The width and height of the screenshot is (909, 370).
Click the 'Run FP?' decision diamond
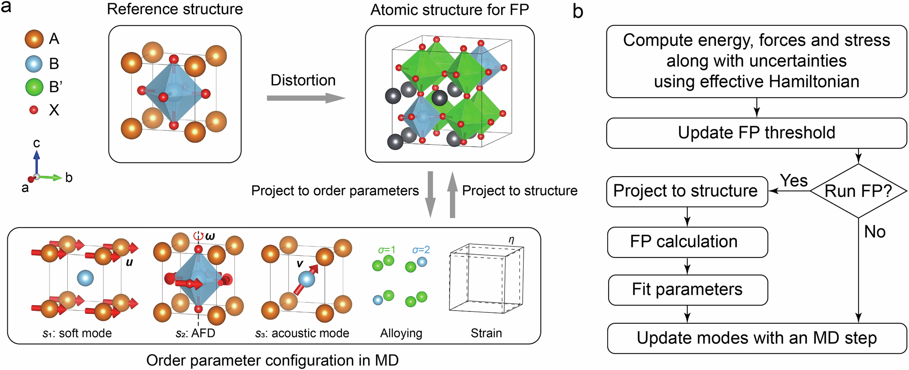[x=858, y=191]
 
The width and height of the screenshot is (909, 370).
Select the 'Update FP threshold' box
[x=756, y=133]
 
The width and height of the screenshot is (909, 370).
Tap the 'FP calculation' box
[x=687, y=242]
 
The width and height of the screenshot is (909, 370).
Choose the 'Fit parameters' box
[x=687, y=290]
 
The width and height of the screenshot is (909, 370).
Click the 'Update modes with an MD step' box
[x=756, y=338]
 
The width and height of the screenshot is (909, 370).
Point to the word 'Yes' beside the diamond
[x=794, y=180]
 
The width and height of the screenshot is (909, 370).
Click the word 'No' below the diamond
[x=874, y=232]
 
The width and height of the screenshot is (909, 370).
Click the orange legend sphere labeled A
[x=34, y=39]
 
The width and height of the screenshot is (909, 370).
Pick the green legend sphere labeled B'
[x=34, y=87]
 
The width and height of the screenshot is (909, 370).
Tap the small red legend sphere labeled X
[x=34, y=110]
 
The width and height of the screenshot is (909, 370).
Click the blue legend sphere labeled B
[x=34, y=64]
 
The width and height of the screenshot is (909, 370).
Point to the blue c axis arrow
[x=37, y=161]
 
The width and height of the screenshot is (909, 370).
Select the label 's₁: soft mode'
[x=77, y=333]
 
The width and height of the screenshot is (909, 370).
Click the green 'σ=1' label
[x=386, y=250]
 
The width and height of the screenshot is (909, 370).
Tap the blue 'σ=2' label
[x=421, y=250]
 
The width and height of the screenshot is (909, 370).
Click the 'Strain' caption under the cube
[x=486, y=333]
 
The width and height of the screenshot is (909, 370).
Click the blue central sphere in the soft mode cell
[x=85, y=278]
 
